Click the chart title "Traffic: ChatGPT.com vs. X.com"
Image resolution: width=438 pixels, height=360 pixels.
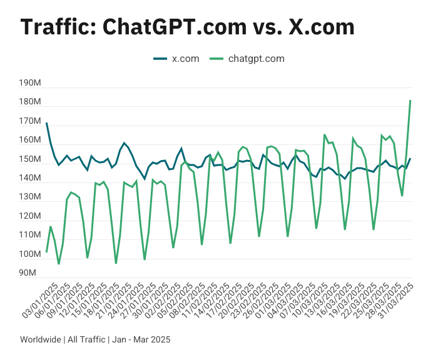coord(188,27)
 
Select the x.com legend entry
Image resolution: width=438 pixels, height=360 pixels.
coord(176,59)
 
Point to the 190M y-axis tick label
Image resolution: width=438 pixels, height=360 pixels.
coord(31,83)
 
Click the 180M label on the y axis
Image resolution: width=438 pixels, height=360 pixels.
coord(31,102)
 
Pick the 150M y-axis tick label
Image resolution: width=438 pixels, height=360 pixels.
coord(31,159)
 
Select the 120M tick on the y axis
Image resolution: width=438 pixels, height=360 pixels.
coord(31,216)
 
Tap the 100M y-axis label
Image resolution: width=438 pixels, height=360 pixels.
coord(31,254)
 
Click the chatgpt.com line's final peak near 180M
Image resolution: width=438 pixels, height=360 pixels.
coord(410,101)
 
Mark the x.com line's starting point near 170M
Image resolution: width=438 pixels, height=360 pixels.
coord(46,123)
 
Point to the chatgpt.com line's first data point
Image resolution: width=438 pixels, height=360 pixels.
coord(46,252)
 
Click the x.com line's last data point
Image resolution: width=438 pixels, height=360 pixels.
coord(410,159)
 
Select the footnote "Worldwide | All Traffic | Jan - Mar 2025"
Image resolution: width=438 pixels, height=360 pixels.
coord(95,339)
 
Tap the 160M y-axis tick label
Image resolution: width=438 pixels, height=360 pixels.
coord(31,140)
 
